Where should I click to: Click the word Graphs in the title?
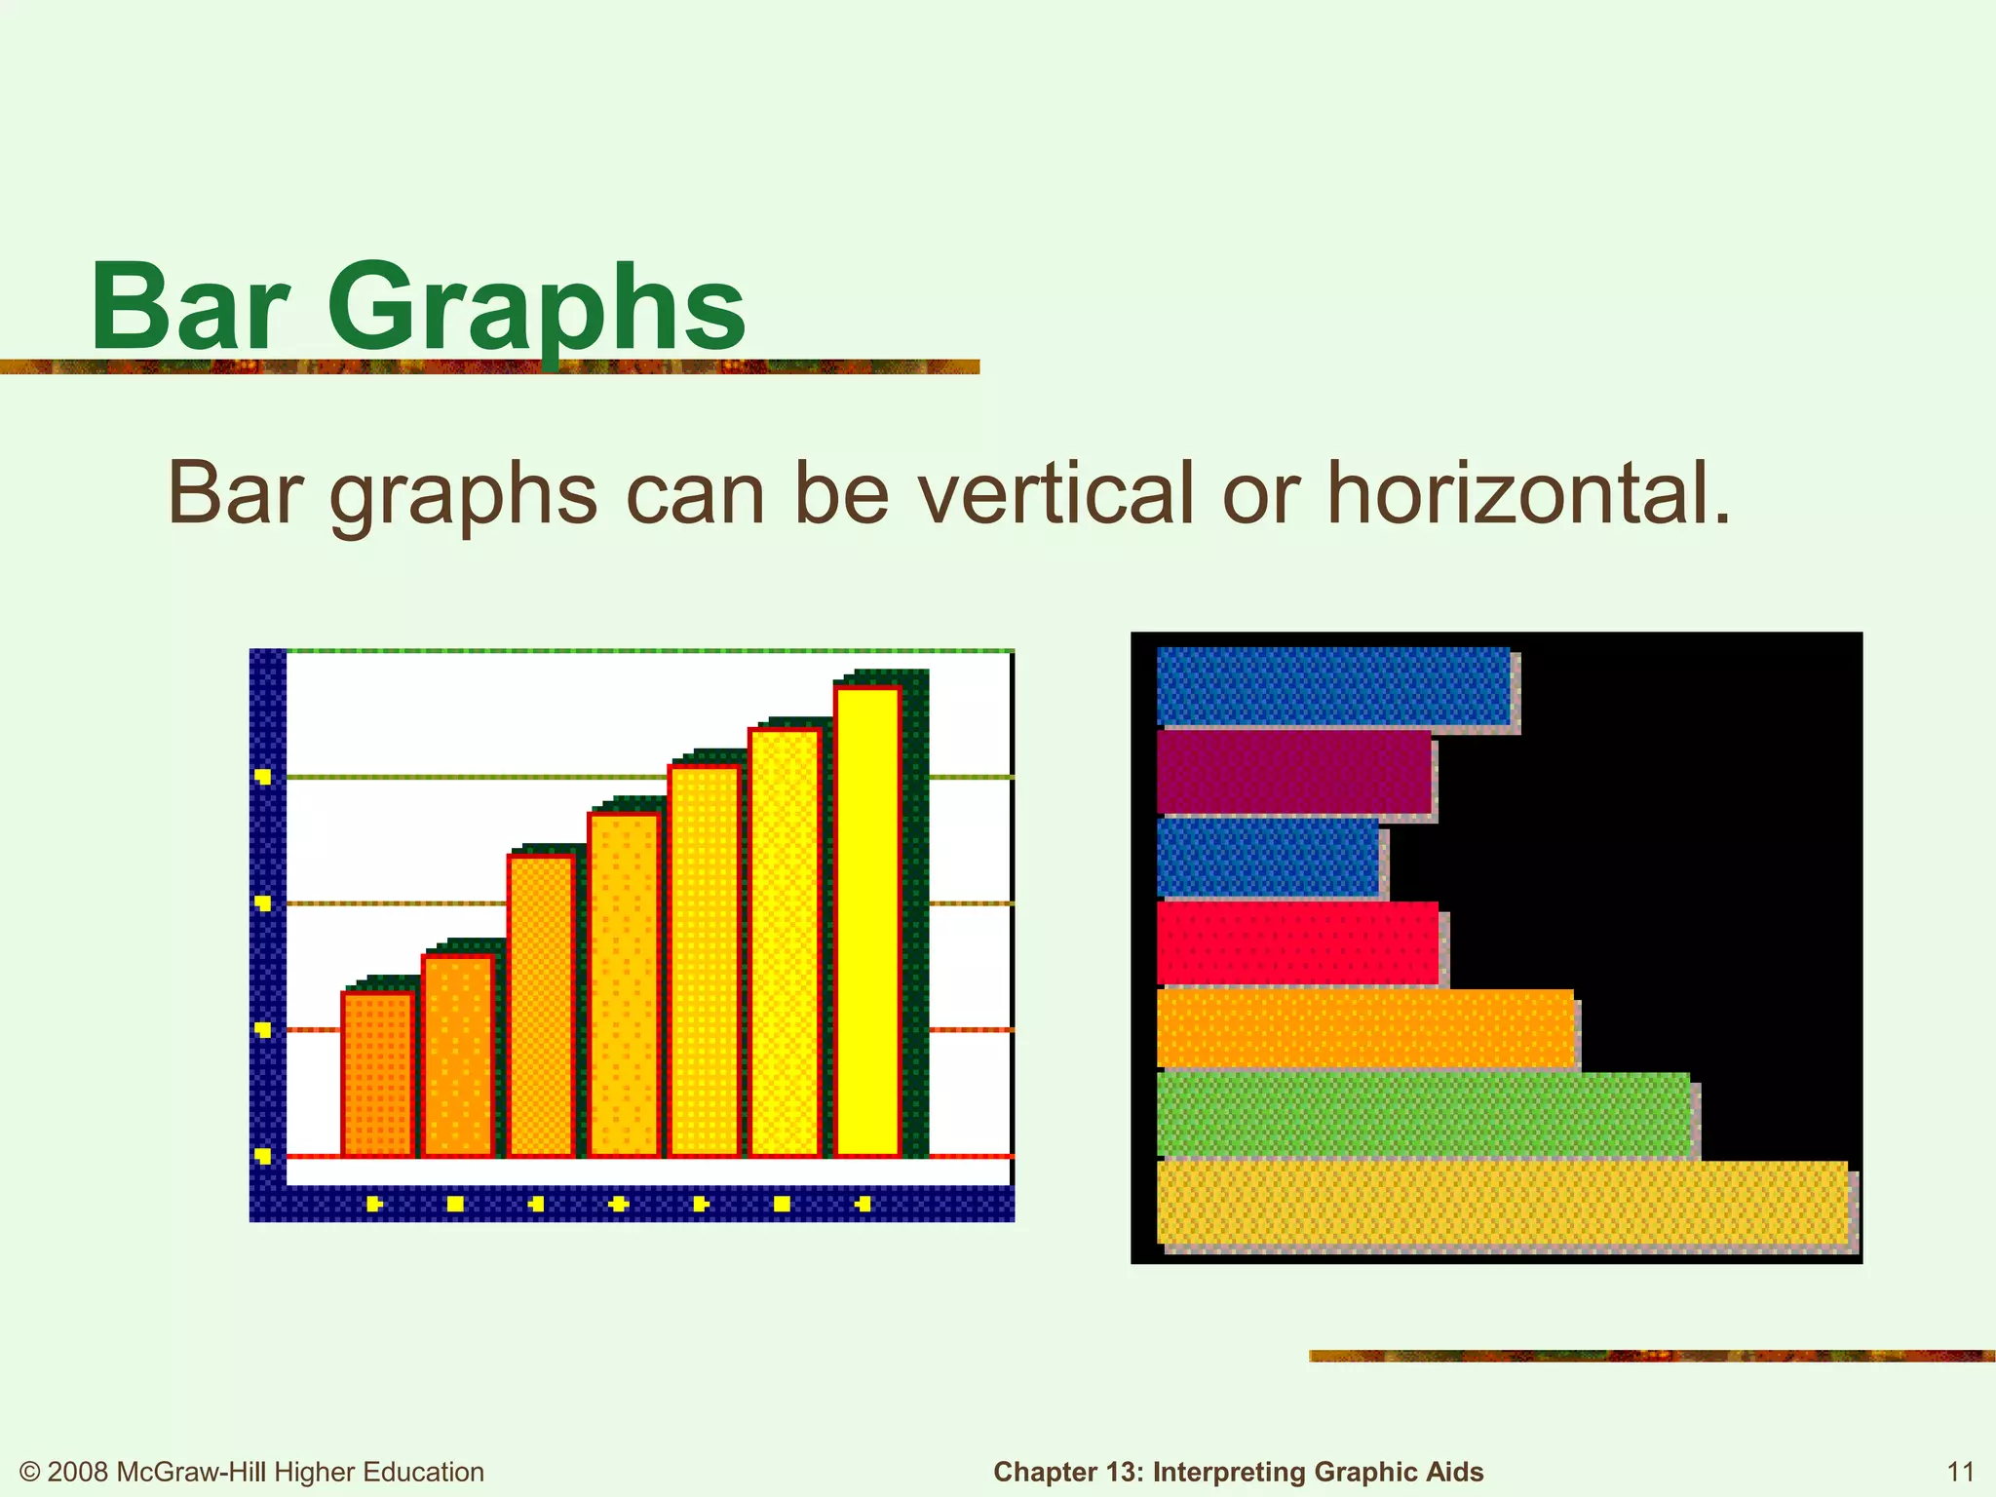coord(536,310)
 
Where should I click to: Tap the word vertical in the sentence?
coord(1057,494)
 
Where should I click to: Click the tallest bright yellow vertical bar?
coord(866,921)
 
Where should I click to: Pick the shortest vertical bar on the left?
coord(377,1074)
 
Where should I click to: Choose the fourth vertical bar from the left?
coord(624,984)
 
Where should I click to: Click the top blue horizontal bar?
coord(1332,686)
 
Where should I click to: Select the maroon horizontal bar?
coord(1293,771)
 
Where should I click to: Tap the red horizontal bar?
coord(1296,943)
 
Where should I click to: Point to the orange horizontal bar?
coord(1364,1028)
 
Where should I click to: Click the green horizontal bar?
coord(1423,1114)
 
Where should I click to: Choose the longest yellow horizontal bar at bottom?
coord(1501,1203)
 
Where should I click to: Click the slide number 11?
coord(1960,1471)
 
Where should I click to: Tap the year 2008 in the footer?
coord(78,1472)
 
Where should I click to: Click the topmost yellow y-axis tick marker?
coord(262,777)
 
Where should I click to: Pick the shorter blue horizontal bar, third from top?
coord(1267,857)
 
